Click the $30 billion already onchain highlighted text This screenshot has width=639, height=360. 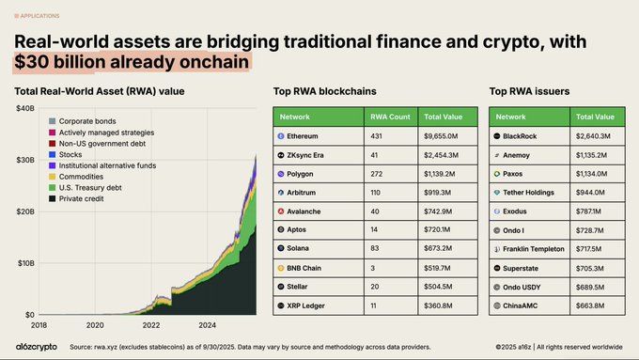point(132,63)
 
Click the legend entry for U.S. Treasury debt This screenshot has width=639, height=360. point(89,188)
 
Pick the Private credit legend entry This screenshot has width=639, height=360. point(81,199)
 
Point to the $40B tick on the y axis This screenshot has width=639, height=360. point(24,109)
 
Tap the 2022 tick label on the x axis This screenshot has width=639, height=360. point(151,324)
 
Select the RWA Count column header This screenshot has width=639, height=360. point(389,117)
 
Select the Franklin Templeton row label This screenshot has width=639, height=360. point(534,249)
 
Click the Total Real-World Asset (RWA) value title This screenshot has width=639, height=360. point(99,91)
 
